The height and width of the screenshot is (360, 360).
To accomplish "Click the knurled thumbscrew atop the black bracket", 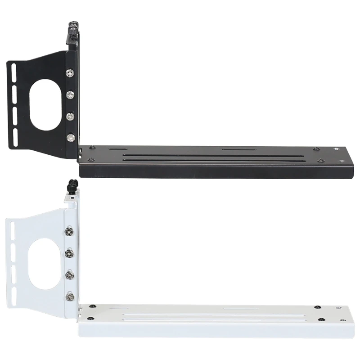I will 73,29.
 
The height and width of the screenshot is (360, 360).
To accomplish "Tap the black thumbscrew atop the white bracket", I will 72,185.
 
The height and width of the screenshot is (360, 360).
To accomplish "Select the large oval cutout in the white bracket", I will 44,263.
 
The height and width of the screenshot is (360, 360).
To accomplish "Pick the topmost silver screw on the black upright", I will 70,73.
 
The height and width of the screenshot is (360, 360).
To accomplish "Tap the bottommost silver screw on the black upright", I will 70,138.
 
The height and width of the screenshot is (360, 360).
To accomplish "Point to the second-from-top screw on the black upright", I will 70,94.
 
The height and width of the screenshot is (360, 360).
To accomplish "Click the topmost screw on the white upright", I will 68,231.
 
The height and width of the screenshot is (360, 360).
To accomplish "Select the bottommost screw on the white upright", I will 69,296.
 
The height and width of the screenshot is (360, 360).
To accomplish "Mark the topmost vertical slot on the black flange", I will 14,72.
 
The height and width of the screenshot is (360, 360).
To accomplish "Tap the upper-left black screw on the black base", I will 91,147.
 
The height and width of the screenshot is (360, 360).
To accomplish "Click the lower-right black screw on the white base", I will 321,320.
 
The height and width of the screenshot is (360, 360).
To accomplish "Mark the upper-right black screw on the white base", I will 318,307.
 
